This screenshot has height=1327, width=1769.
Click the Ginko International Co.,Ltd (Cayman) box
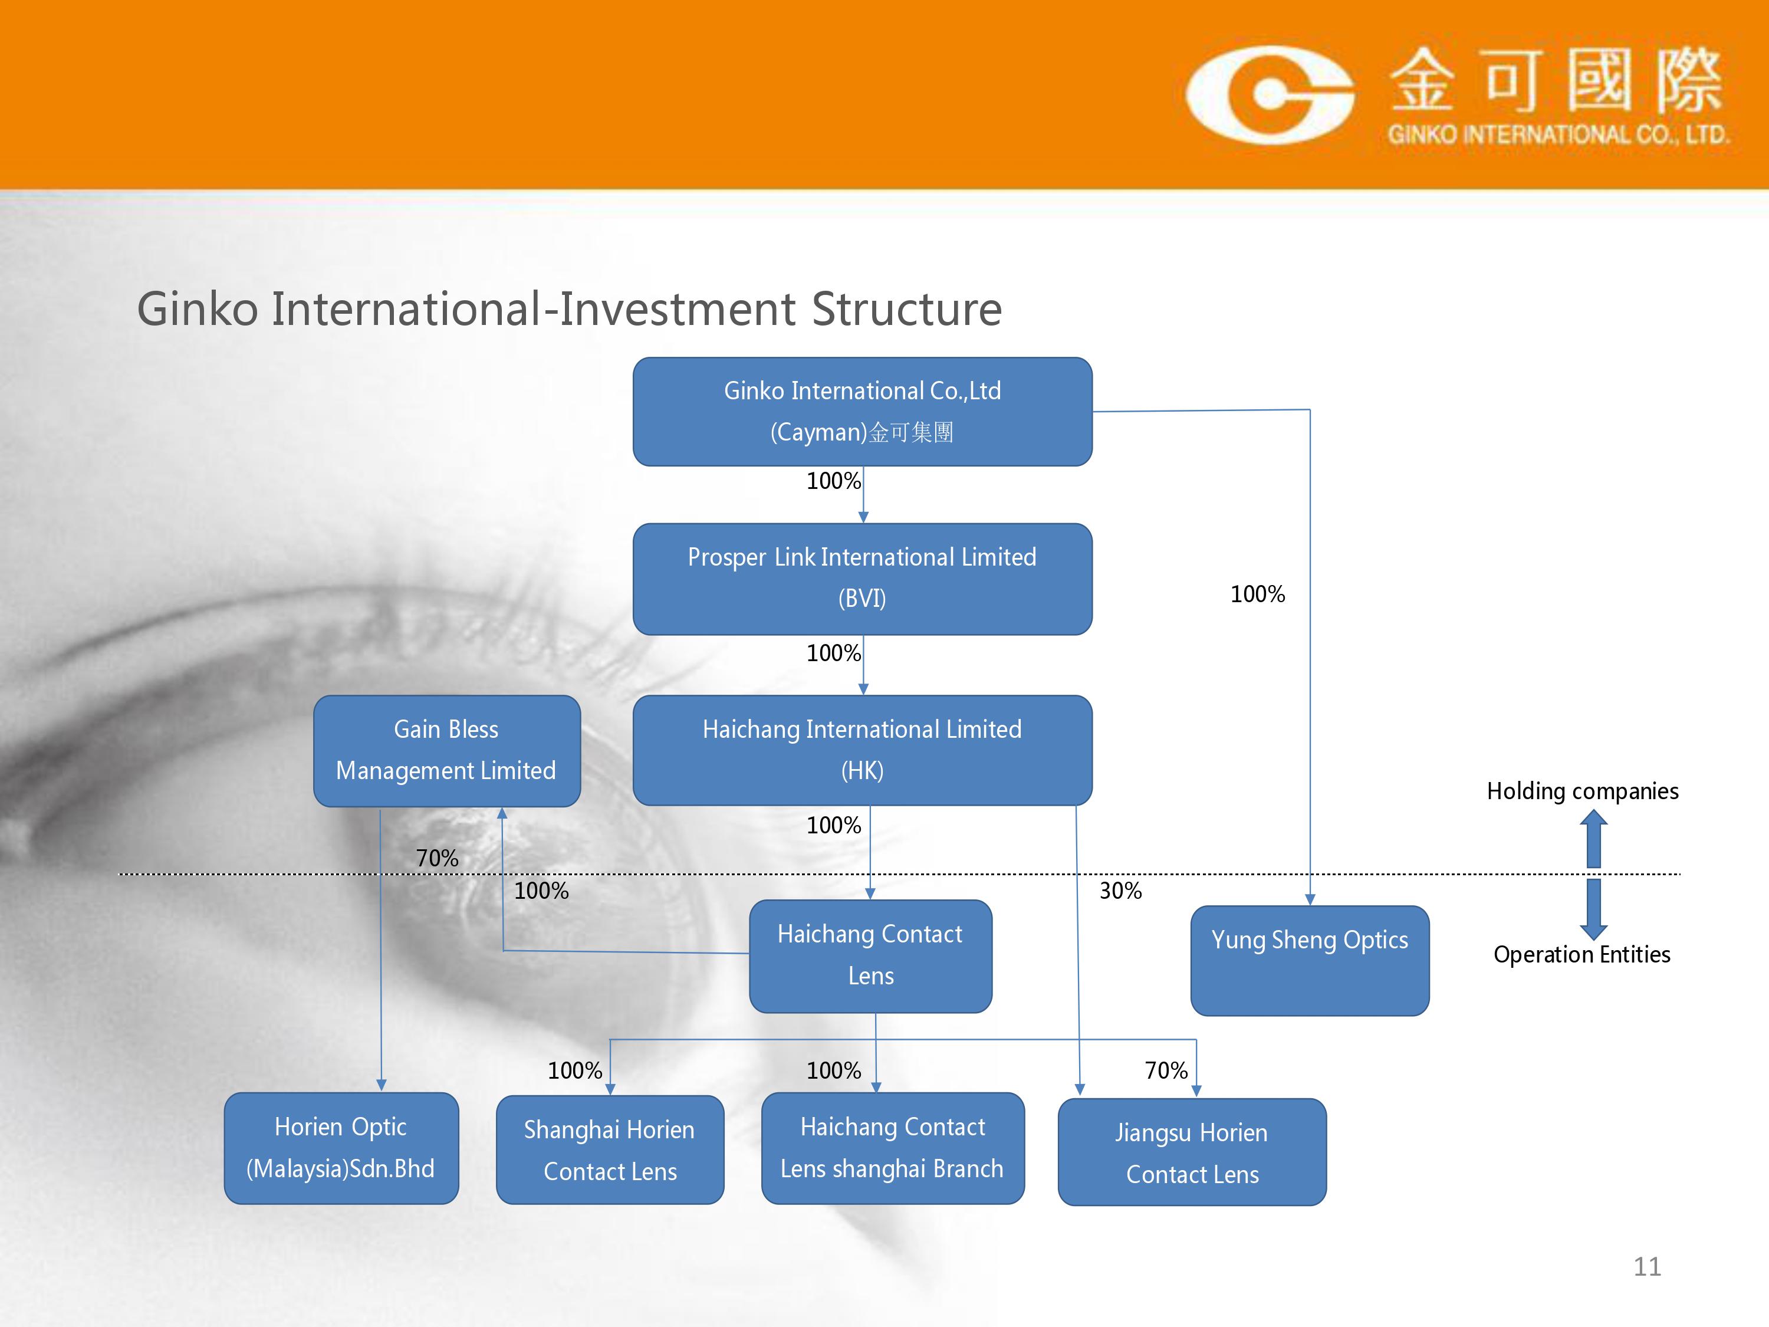862,411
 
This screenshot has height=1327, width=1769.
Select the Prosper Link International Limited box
862,579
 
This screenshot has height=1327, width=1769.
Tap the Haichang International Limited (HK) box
862,750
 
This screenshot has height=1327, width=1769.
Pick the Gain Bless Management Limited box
446,750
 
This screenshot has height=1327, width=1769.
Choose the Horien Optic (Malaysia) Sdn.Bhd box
341,1148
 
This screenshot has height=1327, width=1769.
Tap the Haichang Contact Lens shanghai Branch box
893,1148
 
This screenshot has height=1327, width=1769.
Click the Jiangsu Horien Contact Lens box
1192,1152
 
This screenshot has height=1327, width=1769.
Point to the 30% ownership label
1120,890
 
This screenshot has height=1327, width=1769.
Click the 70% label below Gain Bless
437,858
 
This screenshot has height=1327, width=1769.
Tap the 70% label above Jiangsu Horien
1166,1070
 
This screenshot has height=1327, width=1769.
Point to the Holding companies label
1582,791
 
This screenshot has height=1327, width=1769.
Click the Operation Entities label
1582,954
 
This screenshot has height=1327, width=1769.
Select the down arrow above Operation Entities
1593,909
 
